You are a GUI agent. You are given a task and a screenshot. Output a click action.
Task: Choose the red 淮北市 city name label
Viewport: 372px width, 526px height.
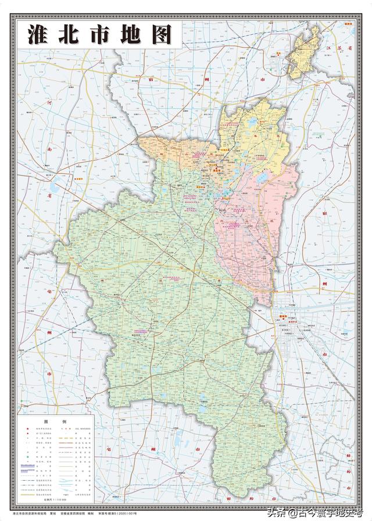coord(219,171)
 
